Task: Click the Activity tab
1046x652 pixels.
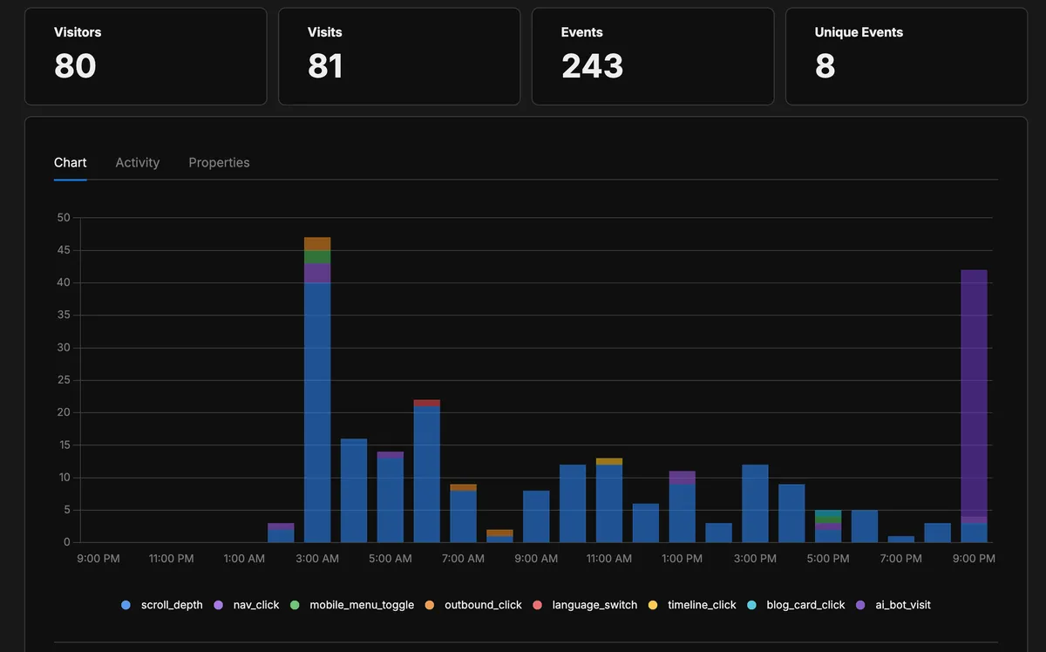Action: [137, 162]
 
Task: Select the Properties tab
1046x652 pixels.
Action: [219, 162]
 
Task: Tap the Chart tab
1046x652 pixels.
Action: [70, 162]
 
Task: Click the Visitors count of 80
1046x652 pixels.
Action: [75, 66]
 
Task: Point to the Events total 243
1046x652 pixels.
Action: [592, 66]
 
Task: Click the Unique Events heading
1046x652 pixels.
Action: [858, 32]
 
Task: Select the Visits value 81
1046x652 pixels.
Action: [325, 66]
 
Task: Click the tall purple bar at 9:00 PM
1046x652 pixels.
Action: [974, 392]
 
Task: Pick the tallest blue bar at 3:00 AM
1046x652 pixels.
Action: [317, 410]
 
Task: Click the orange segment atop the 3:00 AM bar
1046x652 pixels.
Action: [317, 243]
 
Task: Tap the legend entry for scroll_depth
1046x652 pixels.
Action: [171, 604]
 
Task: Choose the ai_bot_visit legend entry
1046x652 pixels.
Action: [902, 604]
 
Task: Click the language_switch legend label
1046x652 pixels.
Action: [594, 604]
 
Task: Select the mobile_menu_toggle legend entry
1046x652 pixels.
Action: [361, 604]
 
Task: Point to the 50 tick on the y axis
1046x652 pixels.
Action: [64, 218]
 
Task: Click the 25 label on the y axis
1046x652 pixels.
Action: [64, 380]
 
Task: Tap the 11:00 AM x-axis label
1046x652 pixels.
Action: [609, 558]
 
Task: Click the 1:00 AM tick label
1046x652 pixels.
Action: [244, 558]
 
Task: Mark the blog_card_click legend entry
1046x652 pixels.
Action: [805, 604]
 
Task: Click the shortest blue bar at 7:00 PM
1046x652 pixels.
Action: [900, 539]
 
